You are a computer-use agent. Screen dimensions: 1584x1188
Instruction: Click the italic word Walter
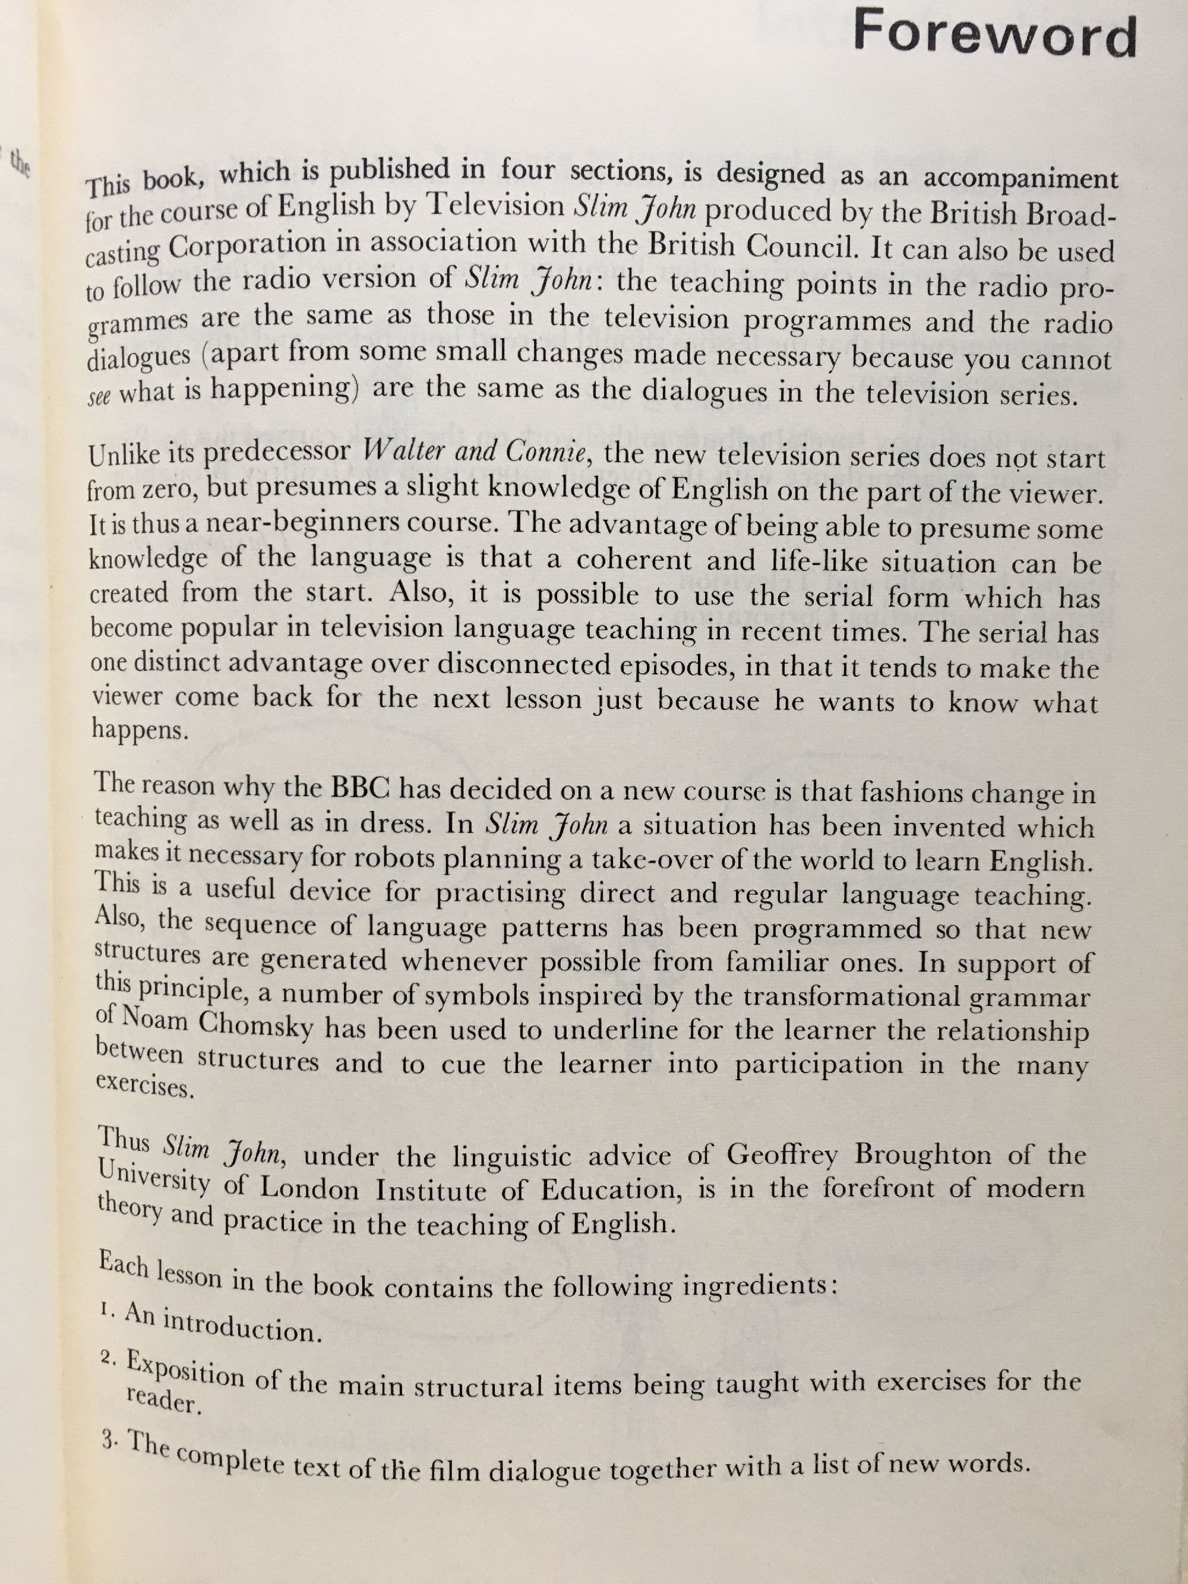[405, 453]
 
